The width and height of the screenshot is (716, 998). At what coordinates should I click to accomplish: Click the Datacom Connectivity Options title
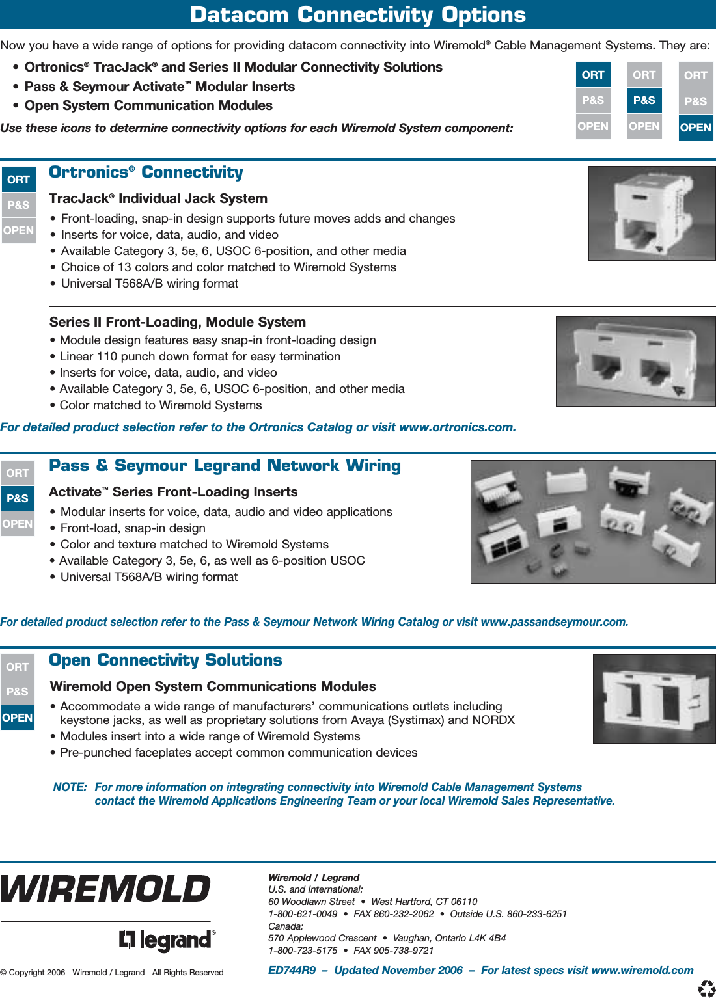[357, 14]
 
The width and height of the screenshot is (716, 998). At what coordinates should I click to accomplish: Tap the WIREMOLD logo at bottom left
[105, 889]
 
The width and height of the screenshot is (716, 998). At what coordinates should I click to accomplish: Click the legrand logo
[167, 940]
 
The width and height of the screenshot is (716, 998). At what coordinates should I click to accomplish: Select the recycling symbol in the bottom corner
[706, 989]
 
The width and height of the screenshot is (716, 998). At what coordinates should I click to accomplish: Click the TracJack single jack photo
[652, 213]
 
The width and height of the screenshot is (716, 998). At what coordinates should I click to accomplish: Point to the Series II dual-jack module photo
[635, 361]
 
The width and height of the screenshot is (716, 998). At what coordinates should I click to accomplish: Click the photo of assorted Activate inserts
[593, 522]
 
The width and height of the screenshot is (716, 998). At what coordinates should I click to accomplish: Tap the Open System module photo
[654, 699]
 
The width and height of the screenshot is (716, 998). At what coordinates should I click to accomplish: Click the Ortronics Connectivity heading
[146, 172]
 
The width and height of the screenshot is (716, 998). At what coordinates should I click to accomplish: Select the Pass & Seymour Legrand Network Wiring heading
[225, 466]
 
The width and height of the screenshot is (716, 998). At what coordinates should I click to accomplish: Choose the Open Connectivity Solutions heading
[165, 660]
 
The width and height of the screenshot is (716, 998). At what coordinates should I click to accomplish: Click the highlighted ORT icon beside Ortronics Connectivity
[18, 180]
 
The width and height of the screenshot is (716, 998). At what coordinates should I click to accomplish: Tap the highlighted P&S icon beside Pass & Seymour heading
[18, 498]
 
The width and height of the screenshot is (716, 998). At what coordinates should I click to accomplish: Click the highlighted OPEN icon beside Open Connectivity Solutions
[18, 718]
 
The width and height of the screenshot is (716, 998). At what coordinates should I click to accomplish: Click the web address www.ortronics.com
[457, 427]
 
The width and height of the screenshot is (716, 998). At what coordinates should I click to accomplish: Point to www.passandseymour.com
[554, 622]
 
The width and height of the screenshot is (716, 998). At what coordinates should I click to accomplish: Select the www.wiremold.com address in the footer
[642, 970]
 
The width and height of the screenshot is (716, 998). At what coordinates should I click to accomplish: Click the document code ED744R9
[292, 970]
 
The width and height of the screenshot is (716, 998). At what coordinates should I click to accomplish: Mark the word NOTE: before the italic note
[70, 787]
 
